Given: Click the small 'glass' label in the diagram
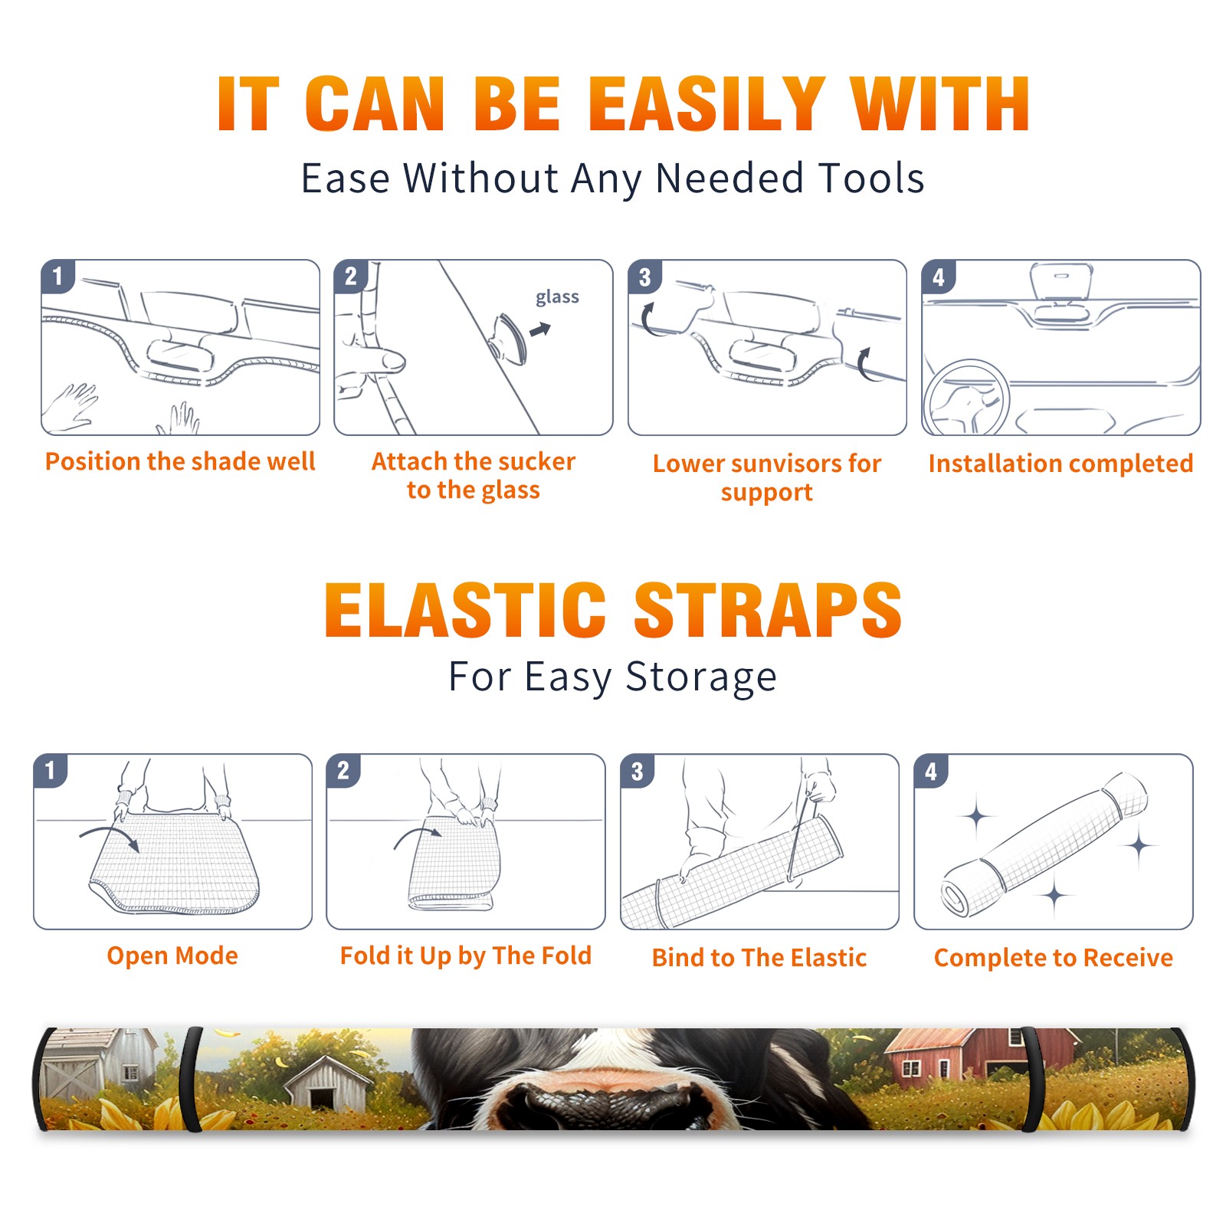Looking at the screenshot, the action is tap(557, 297).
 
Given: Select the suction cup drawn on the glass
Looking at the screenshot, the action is tap(509, 339).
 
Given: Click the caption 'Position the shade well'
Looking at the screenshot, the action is tap(180, 461).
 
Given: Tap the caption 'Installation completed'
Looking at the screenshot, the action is tap(1060, 464).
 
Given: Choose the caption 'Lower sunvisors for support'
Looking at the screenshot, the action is tap(767, 477).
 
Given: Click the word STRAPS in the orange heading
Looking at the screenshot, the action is tap(768, 610).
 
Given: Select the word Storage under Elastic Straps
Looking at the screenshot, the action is tap(701, 678).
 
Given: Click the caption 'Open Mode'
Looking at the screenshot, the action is tap(172, 956).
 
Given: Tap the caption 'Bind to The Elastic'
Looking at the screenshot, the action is tap(759, 958).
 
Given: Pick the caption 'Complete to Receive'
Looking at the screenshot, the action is tap(1054, 958).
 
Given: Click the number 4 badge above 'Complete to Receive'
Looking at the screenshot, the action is tap(931, 771).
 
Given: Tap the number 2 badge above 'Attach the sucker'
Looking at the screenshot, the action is tap(351, 276).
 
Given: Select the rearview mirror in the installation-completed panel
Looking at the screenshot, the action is tap(1061, 292).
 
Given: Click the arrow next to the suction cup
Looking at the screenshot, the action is tap(540, 329).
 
